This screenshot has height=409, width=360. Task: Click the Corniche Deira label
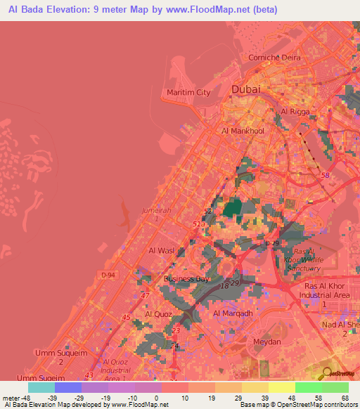tap(271, 58)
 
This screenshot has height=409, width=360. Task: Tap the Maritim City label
tap(188, 92)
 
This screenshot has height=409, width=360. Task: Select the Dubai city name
tap(245, 89)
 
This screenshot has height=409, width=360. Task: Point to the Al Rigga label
tap(295, 111)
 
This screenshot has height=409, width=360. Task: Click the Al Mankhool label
tap(243, 131)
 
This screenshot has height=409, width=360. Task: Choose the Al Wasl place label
tap(161, 249)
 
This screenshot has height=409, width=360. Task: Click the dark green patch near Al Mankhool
tap(231, 209)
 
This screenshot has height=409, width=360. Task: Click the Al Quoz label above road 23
tap(159, 314)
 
